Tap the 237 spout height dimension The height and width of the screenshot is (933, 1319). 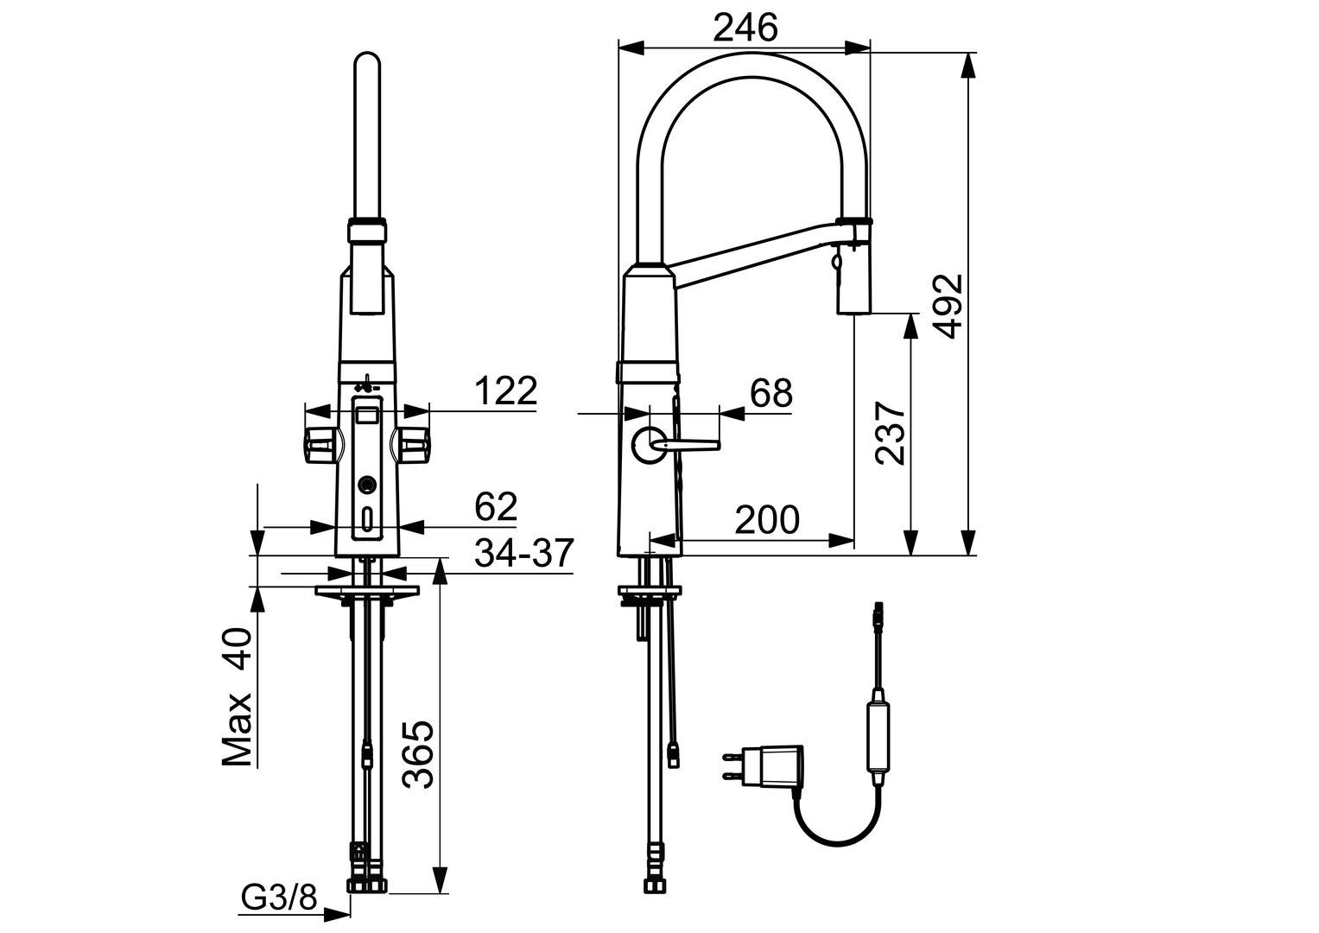coord(891,433)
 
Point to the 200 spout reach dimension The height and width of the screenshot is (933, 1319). coord(766,520)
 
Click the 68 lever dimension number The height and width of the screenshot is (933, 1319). coord(770,393)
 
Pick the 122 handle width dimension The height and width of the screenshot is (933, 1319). coord(505,390)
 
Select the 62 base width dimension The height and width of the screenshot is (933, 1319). coord(495,507)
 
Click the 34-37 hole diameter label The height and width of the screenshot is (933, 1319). coord(523,553)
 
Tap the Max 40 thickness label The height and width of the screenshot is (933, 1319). coord(237,696)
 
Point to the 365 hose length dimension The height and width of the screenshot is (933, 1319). coord(418,753)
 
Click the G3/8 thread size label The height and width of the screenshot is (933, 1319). coord(279,899)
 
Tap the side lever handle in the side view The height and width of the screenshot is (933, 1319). coord(687,445)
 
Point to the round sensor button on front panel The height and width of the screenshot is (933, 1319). coord(368,486)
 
